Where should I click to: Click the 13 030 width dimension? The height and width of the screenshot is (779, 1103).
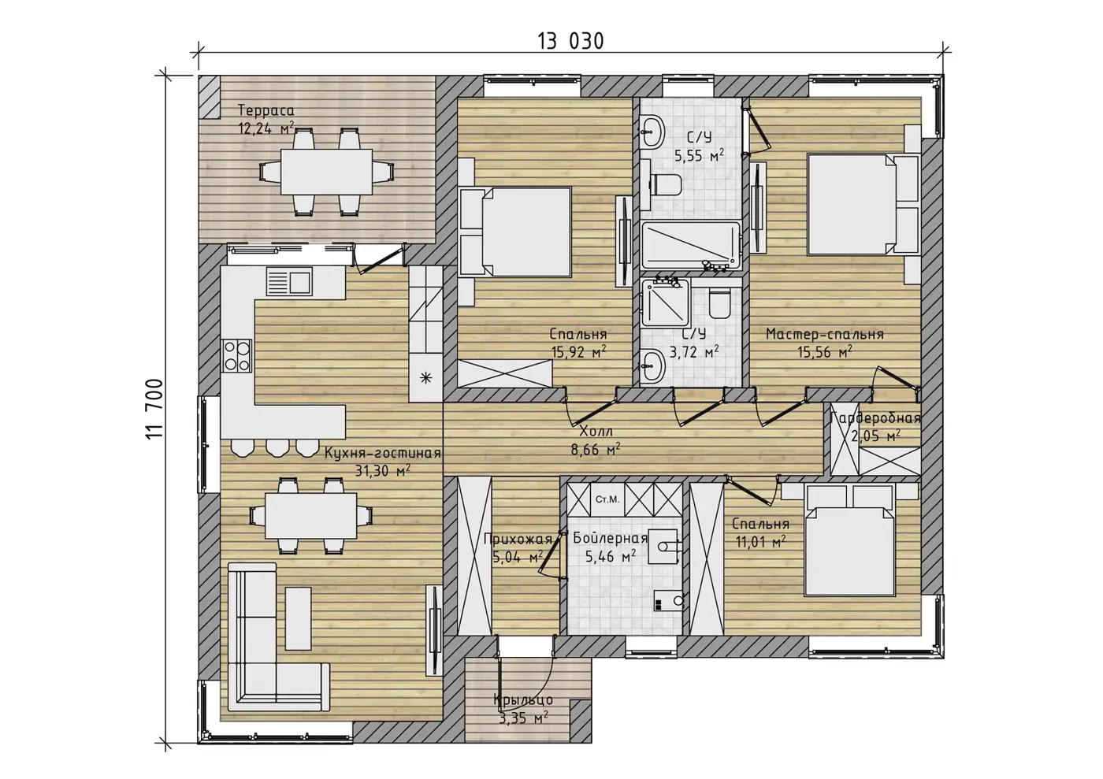coord(570,42)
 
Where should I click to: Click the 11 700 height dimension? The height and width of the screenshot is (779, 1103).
coord(154,409)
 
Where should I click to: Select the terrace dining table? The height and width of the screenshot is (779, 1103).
coord(326,172)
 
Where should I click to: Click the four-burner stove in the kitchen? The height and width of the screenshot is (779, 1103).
coord(237,355)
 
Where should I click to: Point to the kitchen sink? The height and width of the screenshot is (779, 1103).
coord(289,282)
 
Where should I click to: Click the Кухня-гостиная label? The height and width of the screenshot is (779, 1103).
coord(383,453)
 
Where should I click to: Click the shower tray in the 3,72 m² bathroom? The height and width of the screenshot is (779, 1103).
coord(666,302)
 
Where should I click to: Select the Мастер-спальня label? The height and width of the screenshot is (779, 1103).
coord(825,334)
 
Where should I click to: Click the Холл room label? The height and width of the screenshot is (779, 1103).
coord(596,432)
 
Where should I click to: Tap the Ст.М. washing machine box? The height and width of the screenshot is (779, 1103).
coord(607,499)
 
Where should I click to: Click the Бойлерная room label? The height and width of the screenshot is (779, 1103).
coord(610,538)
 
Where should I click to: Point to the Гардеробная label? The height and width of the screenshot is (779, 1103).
coord(875,418)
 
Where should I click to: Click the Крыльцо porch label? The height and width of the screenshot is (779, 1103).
coord(523,699)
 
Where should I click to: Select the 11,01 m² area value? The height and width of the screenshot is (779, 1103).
coord(760,542)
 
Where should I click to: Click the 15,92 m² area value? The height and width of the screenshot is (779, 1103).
coord(578,352)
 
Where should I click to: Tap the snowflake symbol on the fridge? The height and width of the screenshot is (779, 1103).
coord(425,378)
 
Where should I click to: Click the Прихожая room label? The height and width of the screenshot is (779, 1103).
coord(518,539)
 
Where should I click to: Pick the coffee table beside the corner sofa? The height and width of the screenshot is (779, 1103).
coord(299,618)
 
